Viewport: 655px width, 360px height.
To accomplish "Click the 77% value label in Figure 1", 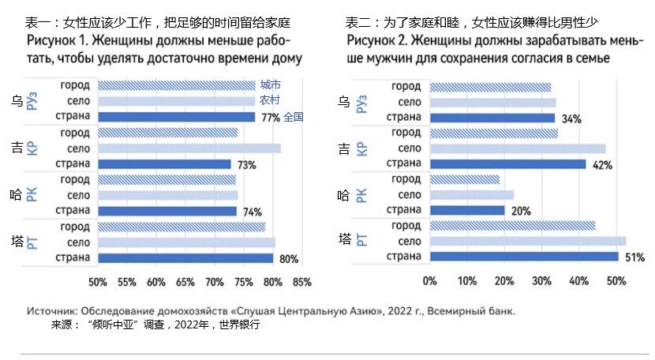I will tap(271, 118).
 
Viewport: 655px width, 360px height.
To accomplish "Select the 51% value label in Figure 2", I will tap(634, 257).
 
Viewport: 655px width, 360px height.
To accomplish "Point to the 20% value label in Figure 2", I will tap(520, 212).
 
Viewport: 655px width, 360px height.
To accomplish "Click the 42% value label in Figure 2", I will tap(602, 165).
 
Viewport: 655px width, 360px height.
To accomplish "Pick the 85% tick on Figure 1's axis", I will tap(301, 282).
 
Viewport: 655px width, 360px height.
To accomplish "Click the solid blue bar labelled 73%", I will tap(164, 164).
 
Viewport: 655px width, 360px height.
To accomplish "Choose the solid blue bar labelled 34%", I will tap(492, 118).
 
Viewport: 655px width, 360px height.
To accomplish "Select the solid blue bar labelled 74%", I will tap(167, 211).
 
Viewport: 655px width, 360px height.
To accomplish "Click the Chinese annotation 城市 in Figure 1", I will tap(271, 84).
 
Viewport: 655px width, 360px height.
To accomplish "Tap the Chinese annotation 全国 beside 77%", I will tap(294, 117).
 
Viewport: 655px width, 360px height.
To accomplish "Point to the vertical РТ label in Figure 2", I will tap(361, 240).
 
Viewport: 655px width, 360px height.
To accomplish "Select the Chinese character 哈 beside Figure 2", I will tap(344, 194).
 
